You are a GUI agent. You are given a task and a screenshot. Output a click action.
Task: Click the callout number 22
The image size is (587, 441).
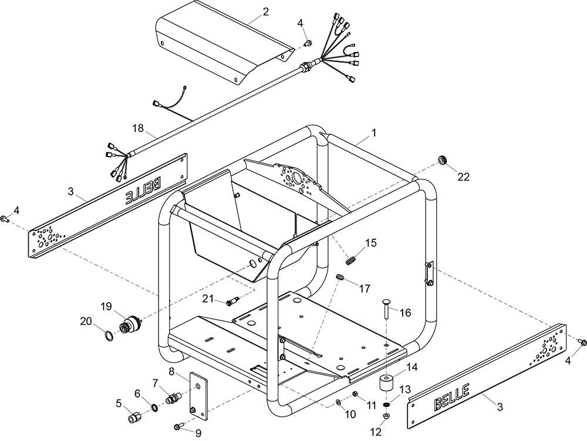[x=464, y=178]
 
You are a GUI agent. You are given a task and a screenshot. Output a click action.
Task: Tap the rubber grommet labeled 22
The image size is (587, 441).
[x=443, y=160]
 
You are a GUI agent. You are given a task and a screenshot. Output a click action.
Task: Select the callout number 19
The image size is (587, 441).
[x=106, y=306]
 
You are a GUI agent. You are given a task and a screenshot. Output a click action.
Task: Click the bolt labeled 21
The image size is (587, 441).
[x=232, y=302]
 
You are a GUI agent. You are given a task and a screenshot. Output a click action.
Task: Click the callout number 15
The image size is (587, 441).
[x=371, y=242]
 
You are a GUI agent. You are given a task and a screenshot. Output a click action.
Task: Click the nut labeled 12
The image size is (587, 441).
[x=387, y=416]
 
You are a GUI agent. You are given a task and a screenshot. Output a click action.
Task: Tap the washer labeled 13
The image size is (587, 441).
[x=387, y=404]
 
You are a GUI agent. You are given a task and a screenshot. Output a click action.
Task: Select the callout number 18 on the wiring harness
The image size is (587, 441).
[x=137, y=128]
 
